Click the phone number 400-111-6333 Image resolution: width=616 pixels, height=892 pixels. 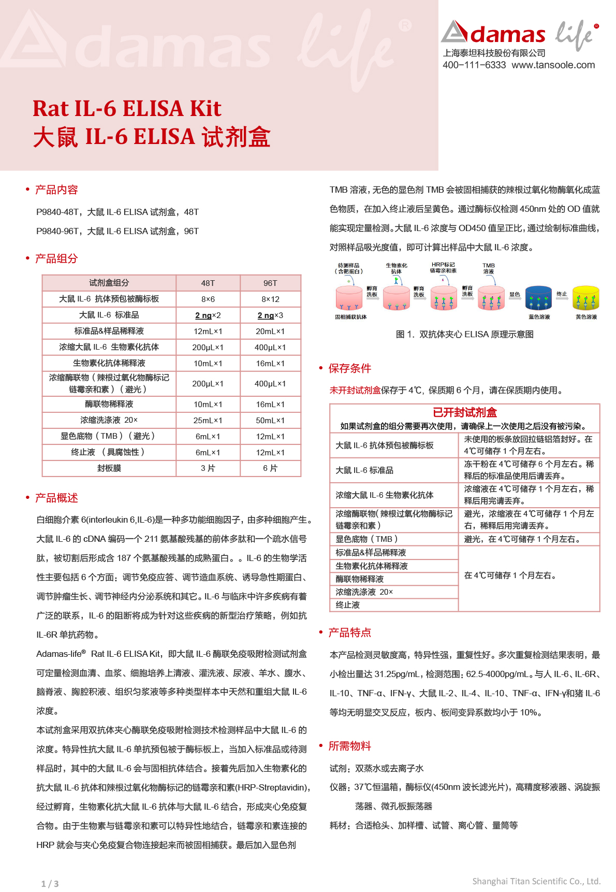pos(474,65)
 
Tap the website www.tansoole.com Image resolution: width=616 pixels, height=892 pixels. pos(553,65)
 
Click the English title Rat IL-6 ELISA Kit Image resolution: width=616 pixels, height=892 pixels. pos(127,109)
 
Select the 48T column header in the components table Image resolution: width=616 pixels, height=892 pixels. pos(208,283)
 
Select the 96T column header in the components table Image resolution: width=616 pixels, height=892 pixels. pos(270,283)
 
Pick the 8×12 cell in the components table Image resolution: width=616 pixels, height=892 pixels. pos(270,299)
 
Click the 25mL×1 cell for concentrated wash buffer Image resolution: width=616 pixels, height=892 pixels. pos(208,421)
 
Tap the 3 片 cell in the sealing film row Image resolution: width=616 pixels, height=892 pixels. pos(208,468)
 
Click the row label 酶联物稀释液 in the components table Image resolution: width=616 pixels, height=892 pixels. pos(109,404)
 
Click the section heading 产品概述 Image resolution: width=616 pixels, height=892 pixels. pos(56,498)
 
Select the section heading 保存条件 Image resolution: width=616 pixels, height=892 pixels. pos(350,368)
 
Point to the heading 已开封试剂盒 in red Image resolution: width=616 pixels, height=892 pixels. pos(464,412)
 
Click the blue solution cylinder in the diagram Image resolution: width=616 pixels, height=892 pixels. pos(538,298)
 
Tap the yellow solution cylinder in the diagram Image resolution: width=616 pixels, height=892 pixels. pos(585,298)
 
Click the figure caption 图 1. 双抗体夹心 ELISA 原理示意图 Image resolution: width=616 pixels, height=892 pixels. pos(464,335)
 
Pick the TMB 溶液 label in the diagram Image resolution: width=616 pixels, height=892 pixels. pos(489,268)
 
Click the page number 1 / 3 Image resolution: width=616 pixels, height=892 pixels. pos(50,884)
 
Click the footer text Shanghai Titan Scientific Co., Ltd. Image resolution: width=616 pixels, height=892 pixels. pos(536,881)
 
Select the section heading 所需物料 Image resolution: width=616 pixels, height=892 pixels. pos(350,746)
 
